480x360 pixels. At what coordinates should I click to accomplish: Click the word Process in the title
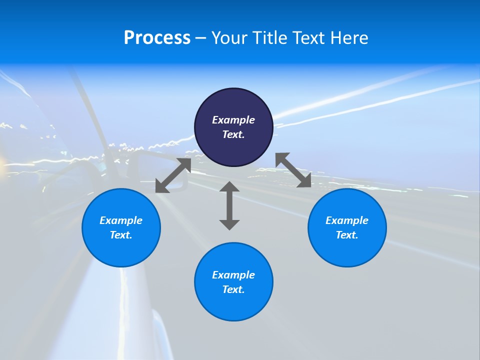[x=157, y=38]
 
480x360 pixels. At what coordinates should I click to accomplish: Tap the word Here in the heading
[x=349, y=38]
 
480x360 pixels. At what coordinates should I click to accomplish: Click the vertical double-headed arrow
[x=229, y=205]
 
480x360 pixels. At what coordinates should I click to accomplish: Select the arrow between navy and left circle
[x=173, y=175]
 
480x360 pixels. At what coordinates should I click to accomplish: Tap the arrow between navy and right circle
[x=293, y=170]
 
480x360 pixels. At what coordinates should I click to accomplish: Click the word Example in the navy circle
[x=233, y=120]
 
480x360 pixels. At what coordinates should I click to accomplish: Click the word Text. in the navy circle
[x=233, y=134]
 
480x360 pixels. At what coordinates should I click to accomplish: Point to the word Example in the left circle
[x=121, y=220]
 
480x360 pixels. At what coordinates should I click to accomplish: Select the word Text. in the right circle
[x=347, y=235]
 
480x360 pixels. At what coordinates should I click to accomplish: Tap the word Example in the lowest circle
[x=233, y=275]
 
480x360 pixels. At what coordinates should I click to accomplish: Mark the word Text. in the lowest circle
[x=233, y=289]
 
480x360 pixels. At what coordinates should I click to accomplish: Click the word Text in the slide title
[x=308, y=38]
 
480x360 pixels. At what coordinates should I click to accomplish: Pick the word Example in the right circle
[x=347, y=220]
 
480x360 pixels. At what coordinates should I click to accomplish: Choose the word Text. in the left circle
[x=121, y=235]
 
